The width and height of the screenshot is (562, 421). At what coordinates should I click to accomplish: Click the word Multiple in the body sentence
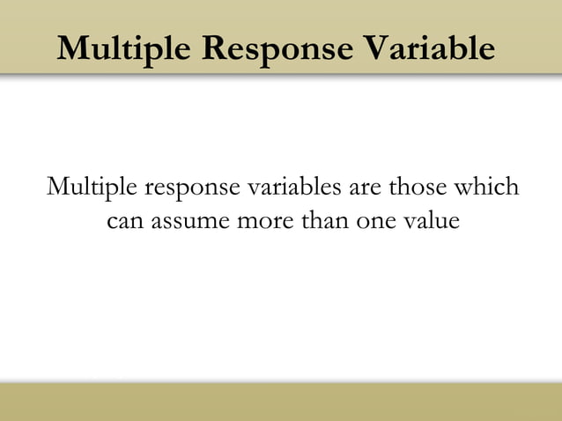(91, 188)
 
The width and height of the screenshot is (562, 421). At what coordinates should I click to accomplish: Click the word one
(376, 221)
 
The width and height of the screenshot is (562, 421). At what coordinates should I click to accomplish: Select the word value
(432, 219)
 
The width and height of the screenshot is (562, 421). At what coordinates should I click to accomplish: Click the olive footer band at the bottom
(281, 402)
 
